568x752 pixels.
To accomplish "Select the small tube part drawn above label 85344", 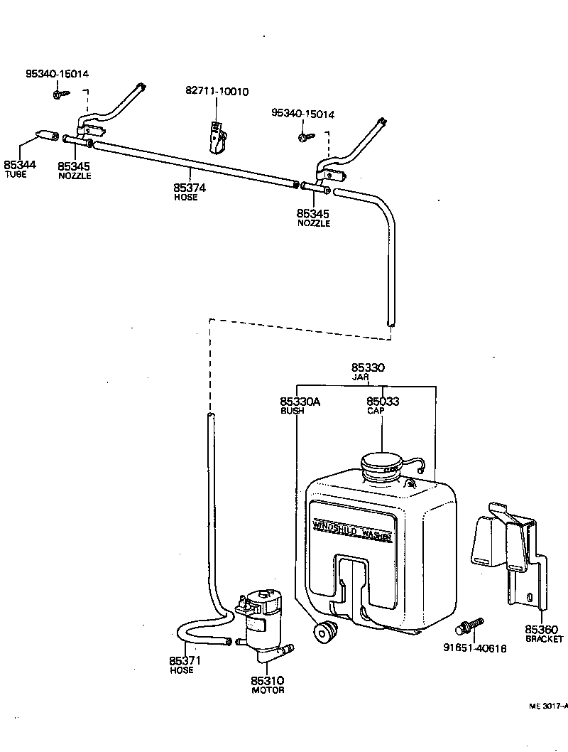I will point(46,135).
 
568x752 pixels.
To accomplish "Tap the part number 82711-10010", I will point(217,92).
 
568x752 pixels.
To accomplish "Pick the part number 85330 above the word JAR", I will point(368,368).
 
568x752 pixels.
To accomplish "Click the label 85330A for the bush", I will point(300,402).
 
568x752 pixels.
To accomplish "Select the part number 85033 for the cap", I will point(383,402).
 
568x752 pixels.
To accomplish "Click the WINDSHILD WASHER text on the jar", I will point(352,530).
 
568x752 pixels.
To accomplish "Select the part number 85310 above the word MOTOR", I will point(267,680).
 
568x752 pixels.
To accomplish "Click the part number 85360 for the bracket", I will point(542,629).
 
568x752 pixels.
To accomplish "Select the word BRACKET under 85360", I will point(544,639).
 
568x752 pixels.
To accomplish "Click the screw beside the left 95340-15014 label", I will point(59,92).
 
